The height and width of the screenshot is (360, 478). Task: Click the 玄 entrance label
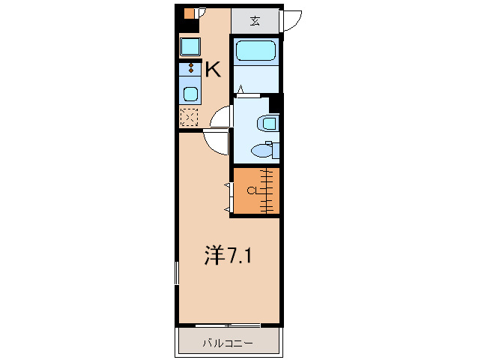pos(255,20)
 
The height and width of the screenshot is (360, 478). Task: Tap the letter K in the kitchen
pos(213,70)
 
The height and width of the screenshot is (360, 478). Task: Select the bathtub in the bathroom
pos(256,52)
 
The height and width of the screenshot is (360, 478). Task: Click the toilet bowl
pos(263,151)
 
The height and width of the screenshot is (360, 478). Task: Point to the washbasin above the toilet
pos(267,123)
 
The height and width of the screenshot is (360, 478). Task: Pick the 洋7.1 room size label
pos(228,256)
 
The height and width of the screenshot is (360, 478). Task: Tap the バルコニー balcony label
pos(227,343)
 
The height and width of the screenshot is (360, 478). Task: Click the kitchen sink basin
pos(190,94)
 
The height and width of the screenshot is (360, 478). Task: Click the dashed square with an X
pos(190,118)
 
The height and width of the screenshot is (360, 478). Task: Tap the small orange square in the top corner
pos(189,13)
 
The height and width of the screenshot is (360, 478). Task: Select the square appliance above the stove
pos(190,47)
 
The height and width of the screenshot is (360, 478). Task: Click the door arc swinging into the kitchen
pos(220,117)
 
